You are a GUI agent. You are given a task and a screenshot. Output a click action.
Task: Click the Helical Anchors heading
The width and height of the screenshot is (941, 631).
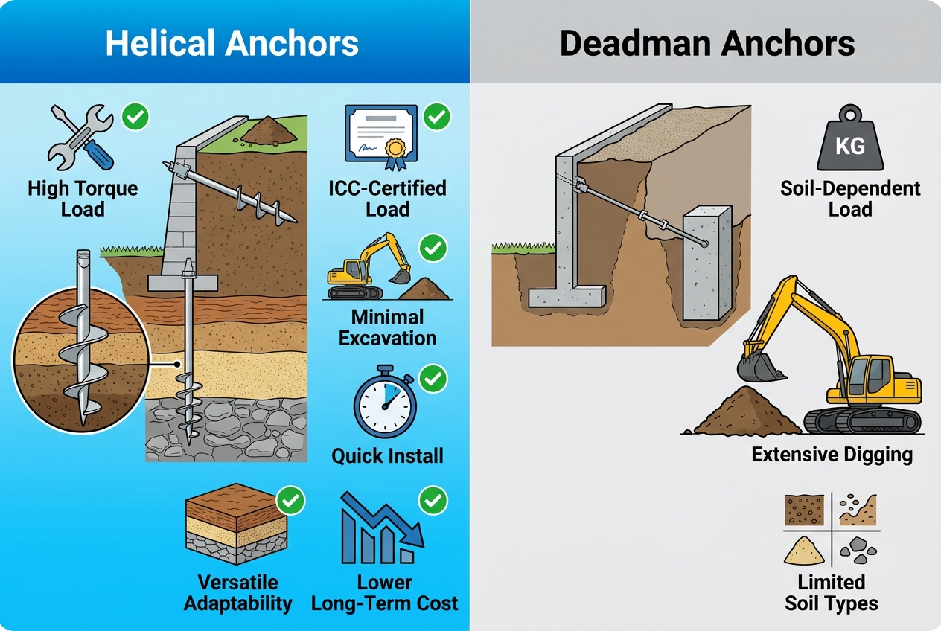click(232, 43)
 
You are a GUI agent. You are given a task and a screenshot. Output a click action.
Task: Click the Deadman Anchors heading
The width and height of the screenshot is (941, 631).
click(706, 43)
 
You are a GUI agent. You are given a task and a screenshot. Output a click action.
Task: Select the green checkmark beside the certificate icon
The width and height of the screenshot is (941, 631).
click(436, 118)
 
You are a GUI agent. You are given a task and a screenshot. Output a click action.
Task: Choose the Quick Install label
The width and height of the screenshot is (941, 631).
click(387, 455)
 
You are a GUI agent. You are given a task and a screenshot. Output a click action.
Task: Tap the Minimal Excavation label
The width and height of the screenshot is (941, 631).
click(387, 327)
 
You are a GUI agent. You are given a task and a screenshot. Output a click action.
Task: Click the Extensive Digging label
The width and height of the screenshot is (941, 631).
click(832, 454)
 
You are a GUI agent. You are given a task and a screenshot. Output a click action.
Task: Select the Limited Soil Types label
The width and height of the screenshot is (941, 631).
click(832, 592)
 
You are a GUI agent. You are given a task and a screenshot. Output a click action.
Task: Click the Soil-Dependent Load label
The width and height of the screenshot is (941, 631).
click(850, 198)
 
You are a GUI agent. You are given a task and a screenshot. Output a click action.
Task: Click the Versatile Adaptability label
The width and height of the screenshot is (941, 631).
click(237, 592)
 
